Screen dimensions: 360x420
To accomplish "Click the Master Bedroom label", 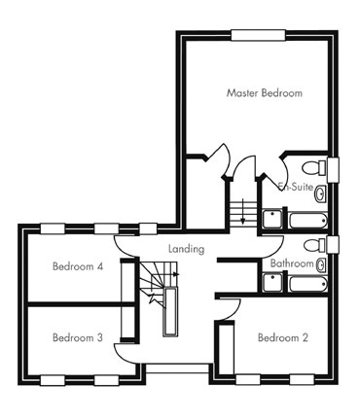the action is point(265,93).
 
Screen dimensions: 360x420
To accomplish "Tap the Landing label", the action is point(187,249).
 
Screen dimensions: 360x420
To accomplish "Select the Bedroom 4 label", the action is point(78,266).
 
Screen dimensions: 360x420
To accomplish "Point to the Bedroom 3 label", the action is point(78,337).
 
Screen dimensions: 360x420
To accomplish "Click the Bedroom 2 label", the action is point(283,337).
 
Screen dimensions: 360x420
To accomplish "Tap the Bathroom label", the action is point(292,263).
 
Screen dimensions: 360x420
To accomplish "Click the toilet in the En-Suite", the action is point(314,168).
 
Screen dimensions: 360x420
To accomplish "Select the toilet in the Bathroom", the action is point(315,245).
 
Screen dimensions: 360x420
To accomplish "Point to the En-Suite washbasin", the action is point(321,193).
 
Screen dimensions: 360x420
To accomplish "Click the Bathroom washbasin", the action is point(321,264).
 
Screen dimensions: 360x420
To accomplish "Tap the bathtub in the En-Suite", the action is point(308,221).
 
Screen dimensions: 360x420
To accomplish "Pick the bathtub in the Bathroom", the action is point(308,284).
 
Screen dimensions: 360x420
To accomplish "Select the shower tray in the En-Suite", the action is point(272,220).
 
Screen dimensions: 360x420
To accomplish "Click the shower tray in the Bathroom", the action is point(272,283).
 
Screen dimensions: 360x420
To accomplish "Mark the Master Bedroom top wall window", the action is point(258,35).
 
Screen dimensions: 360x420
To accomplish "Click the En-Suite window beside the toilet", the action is point(333,170).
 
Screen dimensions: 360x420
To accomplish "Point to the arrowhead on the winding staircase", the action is point(177,274).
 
